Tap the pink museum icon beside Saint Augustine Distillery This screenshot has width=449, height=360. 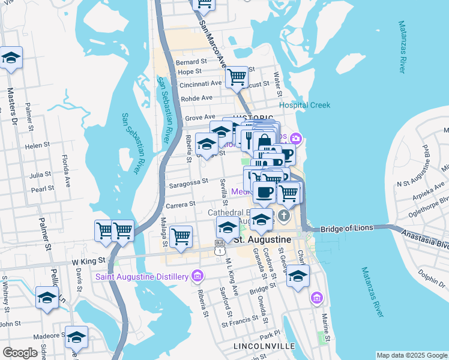tap(196, 276)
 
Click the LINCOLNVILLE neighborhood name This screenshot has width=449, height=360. tap(264, 347)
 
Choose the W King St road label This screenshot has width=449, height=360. tap(89, 261)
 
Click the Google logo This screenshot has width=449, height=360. tap(20, 353)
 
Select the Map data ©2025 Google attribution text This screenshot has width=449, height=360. tap(412, 355)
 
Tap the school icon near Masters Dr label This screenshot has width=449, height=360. tap(10, 59)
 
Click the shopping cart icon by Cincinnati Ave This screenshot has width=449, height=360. tap(237, 77)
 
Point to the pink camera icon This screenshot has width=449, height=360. tap(295, 139)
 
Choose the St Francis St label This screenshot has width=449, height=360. tap(239, 323)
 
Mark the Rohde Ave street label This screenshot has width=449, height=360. tap(197, 98)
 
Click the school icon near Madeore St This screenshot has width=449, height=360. tap(76, 337)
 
